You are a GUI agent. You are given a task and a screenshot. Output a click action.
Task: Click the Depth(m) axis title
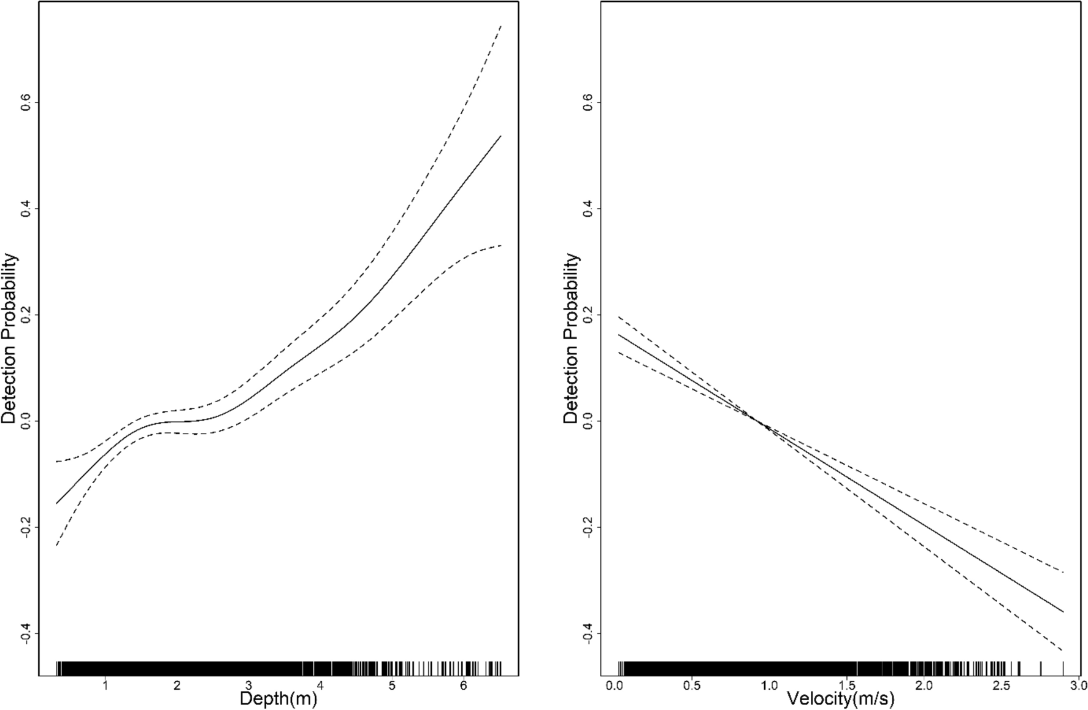pyautogui.click(x=278, y=699)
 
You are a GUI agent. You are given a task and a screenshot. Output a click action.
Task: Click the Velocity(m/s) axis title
pyautogui.click(x=840, y=699)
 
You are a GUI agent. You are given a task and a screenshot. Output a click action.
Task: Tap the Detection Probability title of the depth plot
pyautogui.click(x=9, y=338)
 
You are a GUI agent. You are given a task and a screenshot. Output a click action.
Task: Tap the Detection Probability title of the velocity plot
pyautogui.click(x=571, y=338)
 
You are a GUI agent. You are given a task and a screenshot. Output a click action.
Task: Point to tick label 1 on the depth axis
pyautogui.click(x=105, y=685)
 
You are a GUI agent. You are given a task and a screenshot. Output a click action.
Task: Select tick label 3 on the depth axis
pyautogui.click(x=248, y=685)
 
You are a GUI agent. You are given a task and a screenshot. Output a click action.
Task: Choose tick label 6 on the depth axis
pyautogui.click(x=463, y=685)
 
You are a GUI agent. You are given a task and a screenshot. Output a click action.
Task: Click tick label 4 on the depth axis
pyautogui.click(x=320, y=685)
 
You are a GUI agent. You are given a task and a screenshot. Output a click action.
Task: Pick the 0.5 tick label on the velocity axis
pyautogui.click(x=692, y=685)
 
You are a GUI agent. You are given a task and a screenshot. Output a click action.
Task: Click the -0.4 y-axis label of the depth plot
pyautogui.click(x=26, y=633)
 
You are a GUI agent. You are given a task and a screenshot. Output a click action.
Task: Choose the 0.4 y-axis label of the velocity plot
pyautogui.click(x=588, y=208)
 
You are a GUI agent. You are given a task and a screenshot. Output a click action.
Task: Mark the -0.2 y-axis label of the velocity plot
pyautogui.click(x=588, y=527)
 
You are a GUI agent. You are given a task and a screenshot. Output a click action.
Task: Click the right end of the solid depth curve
pyautogui.click(x=501, y=136)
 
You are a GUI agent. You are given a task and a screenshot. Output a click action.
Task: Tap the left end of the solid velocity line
pyautogui.click(x=619, y=335)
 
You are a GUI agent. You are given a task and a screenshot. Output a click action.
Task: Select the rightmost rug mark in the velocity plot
pyautogui.click(x=1063, y=668)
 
